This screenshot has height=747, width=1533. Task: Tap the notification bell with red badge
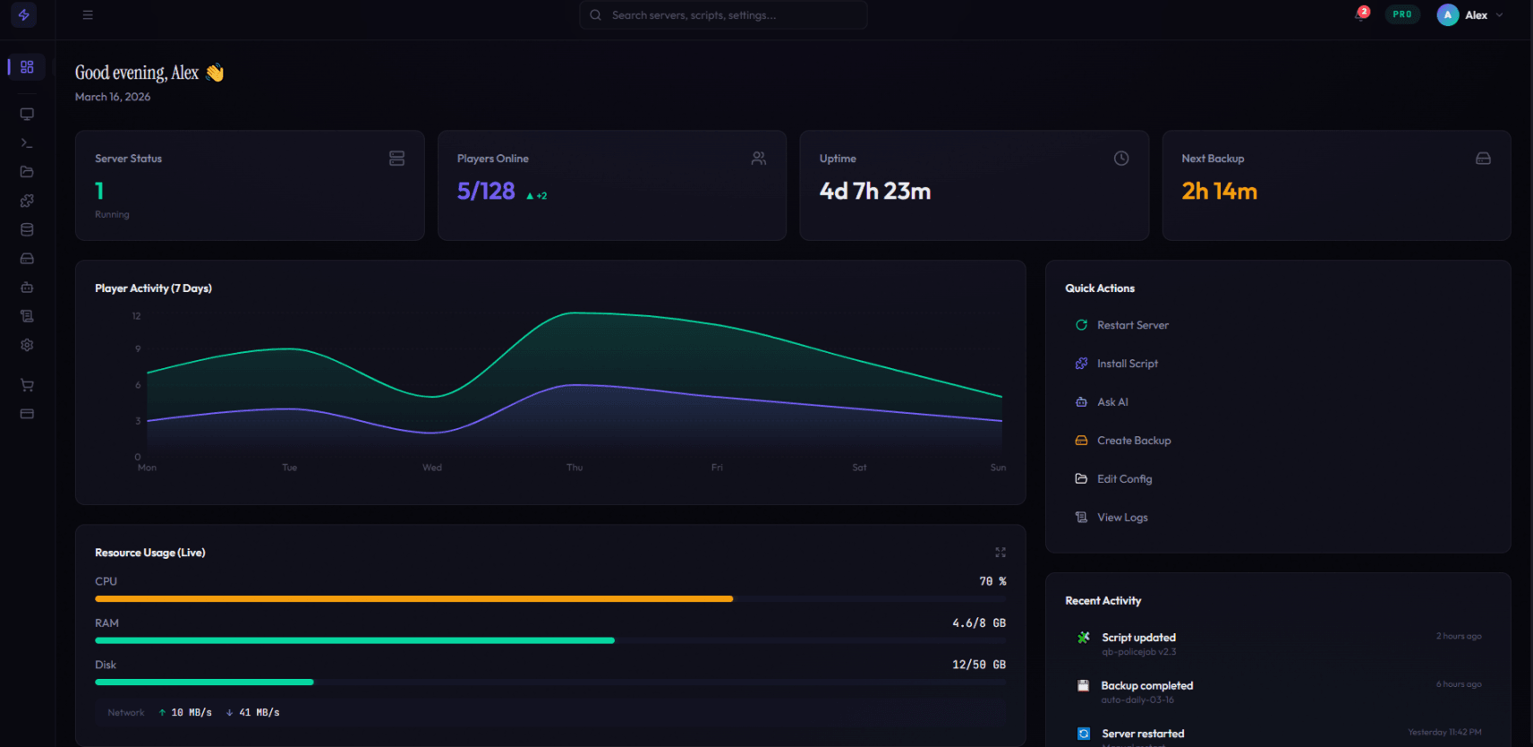point(1360,15)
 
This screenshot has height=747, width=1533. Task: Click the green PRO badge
point(1401,14)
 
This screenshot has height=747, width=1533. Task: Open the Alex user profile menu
point(1470,15)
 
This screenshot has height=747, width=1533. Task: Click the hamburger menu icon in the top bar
point(88,15)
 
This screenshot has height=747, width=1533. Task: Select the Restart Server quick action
point(1132,325)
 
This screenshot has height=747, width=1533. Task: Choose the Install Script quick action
point(1127,364)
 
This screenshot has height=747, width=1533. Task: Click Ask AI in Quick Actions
point(1111,402)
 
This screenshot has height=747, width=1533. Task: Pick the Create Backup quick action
point(1133,441)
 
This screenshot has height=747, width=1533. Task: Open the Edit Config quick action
point(1124,479)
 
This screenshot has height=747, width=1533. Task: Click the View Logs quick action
point(1121,518)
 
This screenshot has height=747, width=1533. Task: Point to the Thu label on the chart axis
point(575,468)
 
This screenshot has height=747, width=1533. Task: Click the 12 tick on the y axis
point(136,316)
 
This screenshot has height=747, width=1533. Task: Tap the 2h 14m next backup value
point(1219,192)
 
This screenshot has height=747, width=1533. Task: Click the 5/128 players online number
point(486,192)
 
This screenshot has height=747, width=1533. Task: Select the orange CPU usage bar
point(413,598)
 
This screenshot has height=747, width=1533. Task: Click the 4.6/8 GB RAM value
point(978,623)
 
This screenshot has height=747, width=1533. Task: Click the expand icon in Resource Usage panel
point(1001,553)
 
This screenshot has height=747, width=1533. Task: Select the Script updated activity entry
point(1138,638)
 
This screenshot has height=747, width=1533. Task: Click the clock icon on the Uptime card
point(1120,159)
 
